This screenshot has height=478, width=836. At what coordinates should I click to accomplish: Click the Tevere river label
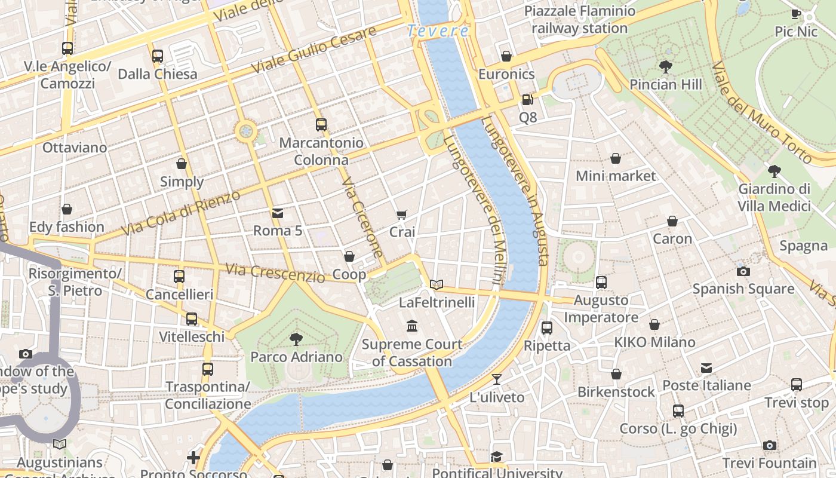(x=438, y=31)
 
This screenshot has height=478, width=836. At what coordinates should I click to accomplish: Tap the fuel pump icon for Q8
(x=528, y=100)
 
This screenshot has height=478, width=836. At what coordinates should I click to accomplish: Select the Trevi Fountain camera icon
(x=770, y=445)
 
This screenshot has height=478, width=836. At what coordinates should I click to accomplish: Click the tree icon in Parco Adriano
(x=296, y=339)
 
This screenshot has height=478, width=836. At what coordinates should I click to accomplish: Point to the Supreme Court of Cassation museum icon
(x=412, y=326)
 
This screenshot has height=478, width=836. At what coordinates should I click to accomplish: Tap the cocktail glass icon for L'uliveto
(x=497, y=379)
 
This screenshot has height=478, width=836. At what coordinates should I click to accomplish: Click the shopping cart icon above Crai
(x=402, y=215)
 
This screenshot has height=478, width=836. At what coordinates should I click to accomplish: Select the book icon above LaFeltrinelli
(x=437, y=284)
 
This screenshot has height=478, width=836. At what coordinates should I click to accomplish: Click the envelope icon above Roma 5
(x=278, y=213)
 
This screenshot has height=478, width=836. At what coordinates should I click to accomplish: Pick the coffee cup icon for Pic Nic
(x=796, y=14)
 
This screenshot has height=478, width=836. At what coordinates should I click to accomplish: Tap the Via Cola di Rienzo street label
(x=180, y=213)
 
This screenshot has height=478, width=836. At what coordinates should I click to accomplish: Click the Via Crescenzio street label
(x=275, y=273)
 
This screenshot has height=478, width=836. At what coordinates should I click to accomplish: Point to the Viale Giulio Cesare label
(x=314, y=50)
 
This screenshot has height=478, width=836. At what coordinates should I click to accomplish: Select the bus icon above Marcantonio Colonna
(x=321, y=125)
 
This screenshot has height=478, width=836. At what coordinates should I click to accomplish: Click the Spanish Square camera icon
(x=743, y=271)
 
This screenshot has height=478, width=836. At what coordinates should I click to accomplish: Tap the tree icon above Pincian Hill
(x=666, y=67)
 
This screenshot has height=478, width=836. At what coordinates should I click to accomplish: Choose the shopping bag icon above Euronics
(x=506, y=56)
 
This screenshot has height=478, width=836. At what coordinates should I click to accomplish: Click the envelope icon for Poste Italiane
(x=706, y=367)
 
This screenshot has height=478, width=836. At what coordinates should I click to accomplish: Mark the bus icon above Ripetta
(x=547, y=327)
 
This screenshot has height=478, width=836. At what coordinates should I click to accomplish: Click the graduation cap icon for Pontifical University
(x=497, y=457)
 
